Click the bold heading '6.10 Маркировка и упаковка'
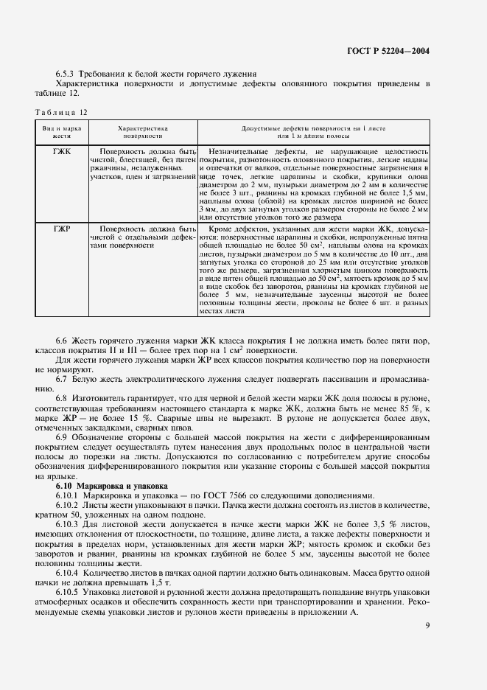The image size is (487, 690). [111, 487]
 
